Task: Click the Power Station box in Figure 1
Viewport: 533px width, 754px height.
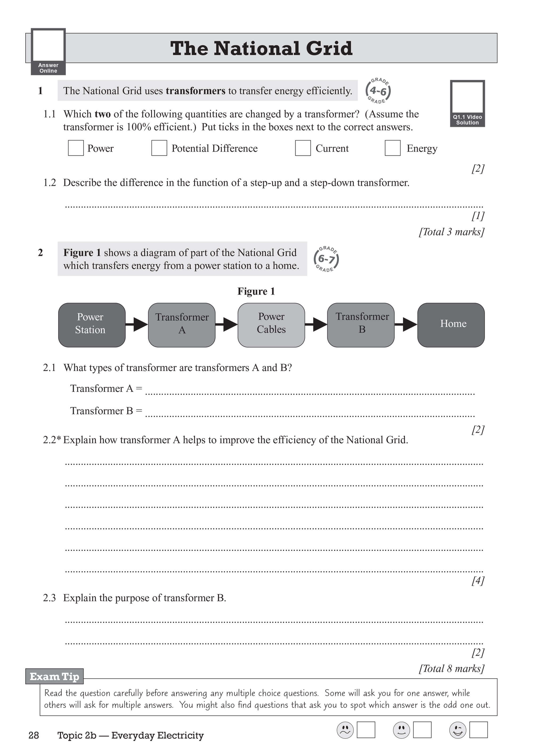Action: (92, 325)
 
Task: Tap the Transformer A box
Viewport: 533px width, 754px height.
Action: (181, 325)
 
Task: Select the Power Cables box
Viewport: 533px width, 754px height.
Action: (271, 325)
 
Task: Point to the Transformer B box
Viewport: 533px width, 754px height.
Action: (361, 325)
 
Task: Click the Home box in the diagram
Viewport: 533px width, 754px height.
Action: (451, 325)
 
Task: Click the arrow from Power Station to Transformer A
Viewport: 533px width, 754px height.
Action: (137, 324)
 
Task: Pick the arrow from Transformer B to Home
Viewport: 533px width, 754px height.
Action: (406, 324)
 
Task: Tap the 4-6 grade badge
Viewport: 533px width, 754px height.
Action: (378, 91)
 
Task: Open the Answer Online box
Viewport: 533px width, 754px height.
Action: (48, 51)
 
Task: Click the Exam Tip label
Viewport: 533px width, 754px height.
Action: (55, 676)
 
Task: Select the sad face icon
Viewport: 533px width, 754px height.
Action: (345, 730)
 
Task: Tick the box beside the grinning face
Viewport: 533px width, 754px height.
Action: (478, 730)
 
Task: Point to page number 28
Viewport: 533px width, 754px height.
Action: (34, 735)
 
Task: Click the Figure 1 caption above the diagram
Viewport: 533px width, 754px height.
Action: (256, 291)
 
